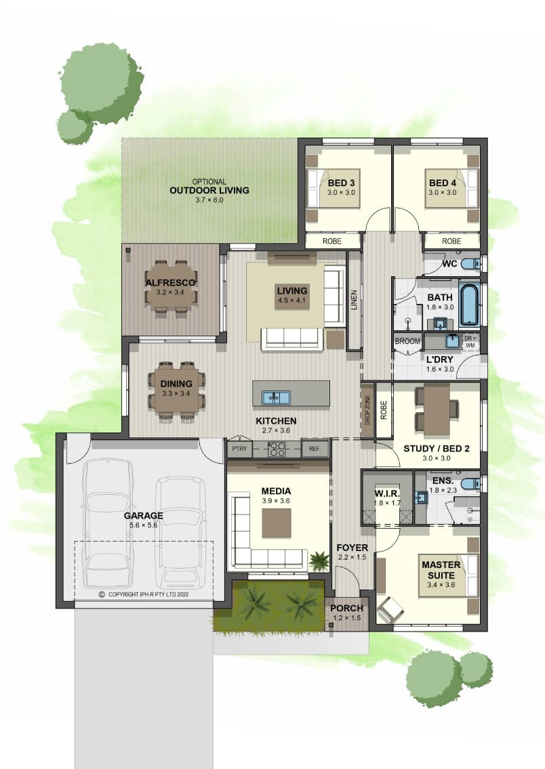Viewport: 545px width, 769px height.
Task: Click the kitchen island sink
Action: [276, 397]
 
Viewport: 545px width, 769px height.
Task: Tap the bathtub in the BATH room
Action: [469, 305]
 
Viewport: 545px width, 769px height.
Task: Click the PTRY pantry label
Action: [239, 449]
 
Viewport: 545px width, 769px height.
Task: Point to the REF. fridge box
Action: [315, 449]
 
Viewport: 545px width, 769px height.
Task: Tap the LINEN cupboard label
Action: [354, 300]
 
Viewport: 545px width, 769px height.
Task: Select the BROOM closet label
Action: [407, 341]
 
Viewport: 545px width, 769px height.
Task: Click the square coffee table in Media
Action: [277, 523]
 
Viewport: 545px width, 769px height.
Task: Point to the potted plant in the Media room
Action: [319, 560]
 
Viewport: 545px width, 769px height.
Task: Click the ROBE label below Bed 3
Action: [332, 241]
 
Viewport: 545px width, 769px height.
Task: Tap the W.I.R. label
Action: [387, 493]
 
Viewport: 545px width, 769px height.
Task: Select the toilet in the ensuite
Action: [471, 484]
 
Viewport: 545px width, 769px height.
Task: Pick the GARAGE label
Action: [144, 515]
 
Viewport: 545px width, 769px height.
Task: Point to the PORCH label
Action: [346, 608]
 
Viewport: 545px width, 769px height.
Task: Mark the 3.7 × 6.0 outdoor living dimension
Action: [209, 200]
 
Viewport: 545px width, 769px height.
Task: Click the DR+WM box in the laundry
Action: [470, 341]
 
